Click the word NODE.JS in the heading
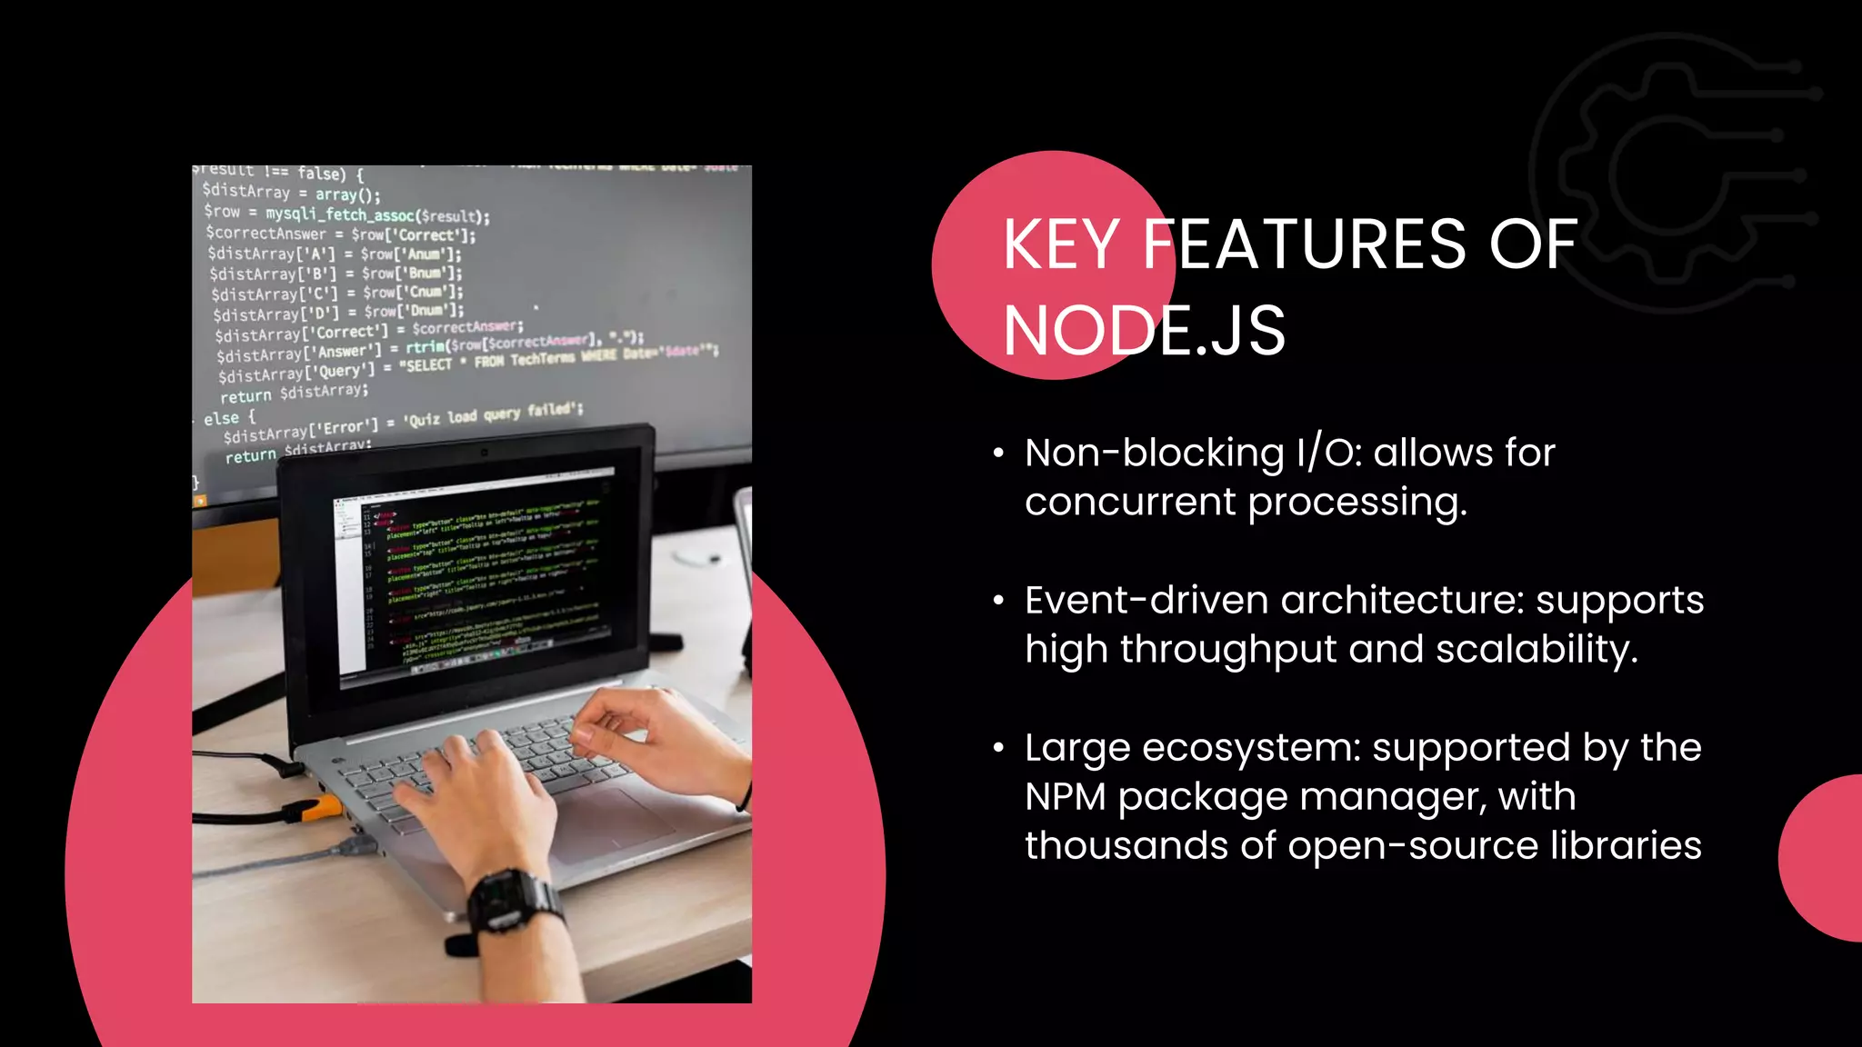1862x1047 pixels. pos(1144,331)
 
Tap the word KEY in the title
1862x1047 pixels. pos(1061,244)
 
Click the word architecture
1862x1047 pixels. pos(1401,600)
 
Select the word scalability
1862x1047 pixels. pos(1536,650)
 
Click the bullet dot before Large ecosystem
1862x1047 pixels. pos(998,748)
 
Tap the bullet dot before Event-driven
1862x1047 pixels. pos(998,601)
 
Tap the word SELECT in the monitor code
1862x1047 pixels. pos(428,364)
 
